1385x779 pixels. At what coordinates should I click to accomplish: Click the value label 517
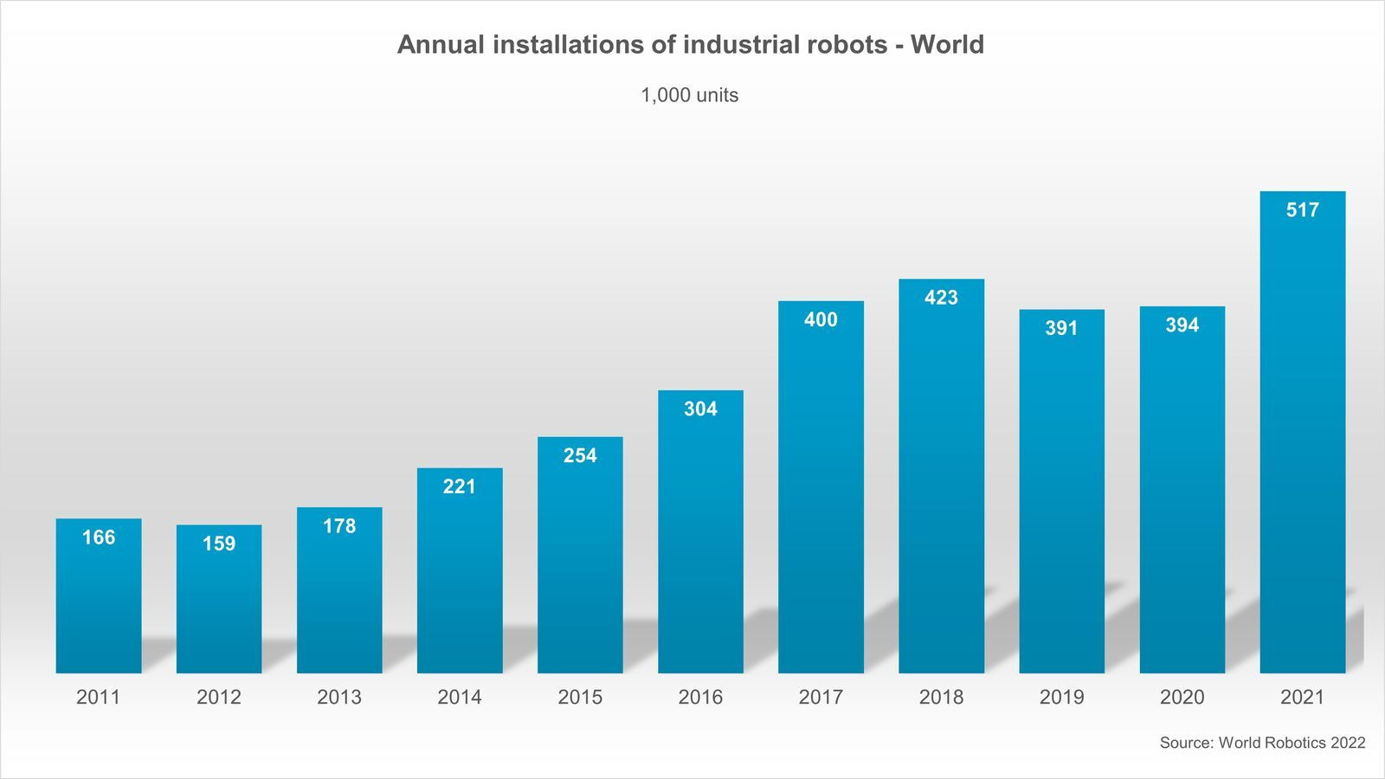pos(1303,209)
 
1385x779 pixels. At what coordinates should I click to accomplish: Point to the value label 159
pos(219,544)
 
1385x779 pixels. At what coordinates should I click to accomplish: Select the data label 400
pos(821,319)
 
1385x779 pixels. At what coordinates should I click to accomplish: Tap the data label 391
pos(1061,328)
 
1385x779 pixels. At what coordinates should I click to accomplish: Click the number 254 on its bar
pos(580,455)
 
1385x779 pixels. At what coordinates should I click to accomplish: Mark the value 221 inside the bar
pos(460,486)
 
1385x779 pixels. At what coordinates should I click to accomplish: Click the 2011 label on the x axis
pos(98,697)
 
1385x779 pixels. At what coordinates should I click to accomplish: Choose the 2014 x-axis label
pos(460,697)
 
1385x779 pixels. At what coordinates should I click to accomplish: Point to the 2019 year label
pos(1061,697)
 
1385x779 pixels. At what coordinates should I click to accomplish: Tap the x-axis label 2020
pos(1182,697)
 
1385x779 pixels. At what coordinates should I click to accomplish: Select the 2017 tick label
pos(821,697)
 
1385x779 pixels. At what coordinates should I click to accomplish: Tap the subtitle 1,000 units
pos(689,95)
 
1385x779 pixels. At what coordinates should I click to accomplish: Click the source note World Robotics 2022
pos(1292,743)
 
